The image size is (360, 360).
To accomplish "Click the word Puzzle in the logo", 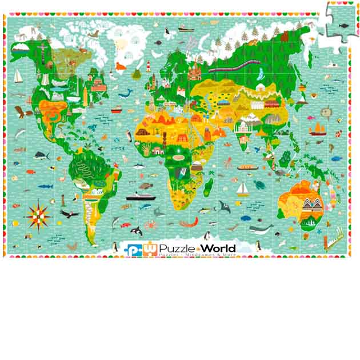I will coord(177,249).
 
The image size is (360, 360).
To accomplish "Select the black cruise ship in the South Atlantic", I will coord(140,196).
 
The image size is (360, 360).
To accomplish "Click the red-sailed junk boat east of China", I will coord(316,129).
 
